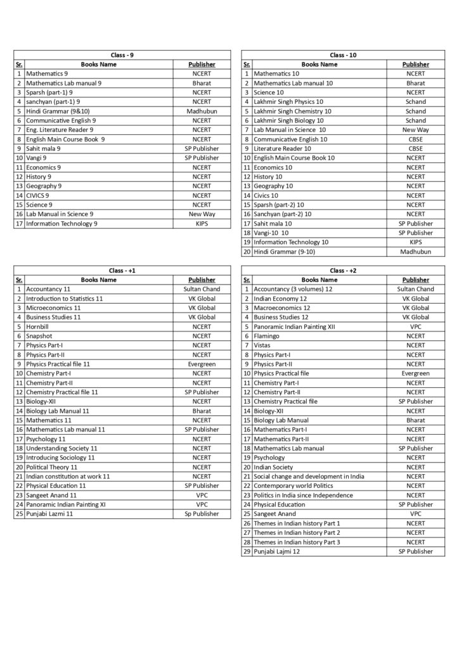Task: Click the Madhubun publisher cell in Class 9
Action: (202, 111)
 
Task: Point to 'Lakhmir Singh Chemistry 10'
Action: (292, 111)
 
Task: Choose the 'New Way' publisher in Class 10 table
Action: (415, 130)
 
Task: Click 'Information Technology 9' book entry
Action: (61, 224)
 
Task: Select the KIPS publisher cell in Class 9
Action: (202, 224)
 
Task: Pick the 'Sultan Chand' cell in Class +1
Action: (202, 289)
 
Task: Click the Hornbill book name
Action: (38, 326)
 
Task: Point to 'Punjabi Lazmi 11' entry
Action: (49, 514)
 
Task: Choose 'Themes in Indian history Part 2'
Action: (297, 532)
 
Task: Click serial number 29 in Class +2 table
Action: (247, 551)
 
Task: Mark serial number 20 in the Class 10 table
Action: (247, 252)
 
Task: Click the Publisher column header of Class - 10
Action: (415, 64)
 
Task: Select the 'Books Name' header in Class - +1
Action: (98, 280)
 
